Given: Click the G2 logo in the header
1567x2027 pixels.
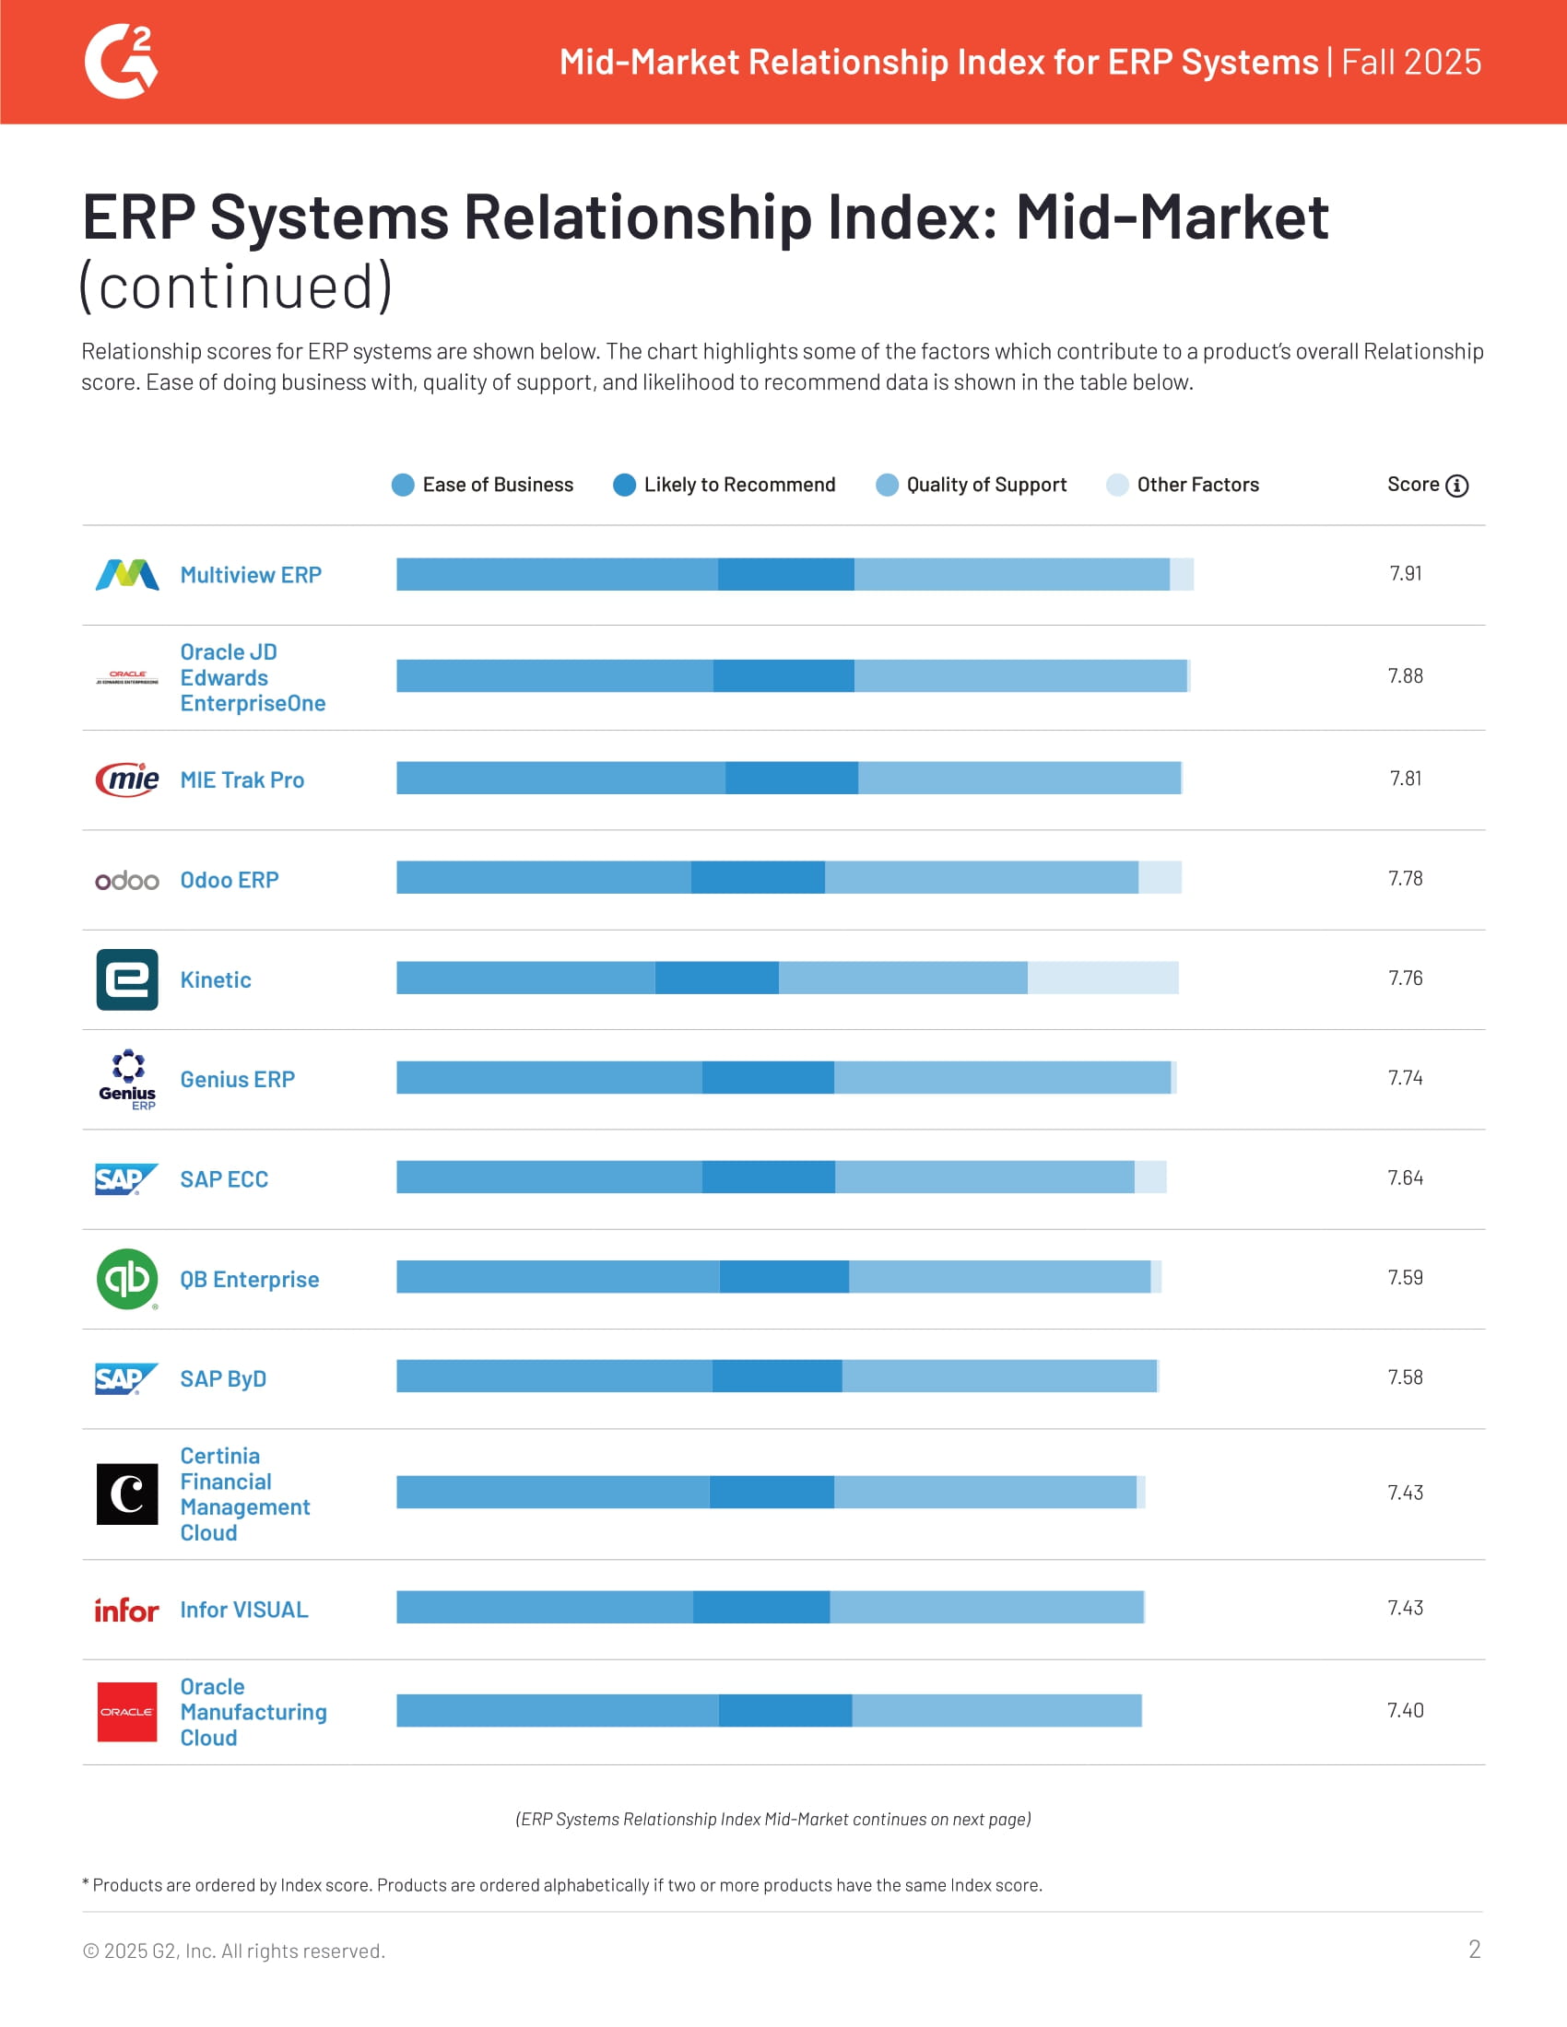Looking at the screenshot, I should point(122,61).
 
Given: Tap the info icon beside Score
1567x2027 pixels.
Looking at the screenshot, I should point(1456,486).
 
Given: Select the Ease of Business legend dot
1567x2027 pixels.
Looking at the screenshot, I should point(403,485).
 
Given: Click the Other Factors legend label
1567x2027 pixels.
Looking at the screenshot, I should point(1197,485).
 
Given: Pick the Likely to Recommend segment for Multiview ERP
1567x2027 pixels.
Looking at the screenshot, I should point(785,575).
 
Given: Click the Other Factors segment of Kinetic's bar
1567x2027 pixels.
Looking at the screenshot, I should point(1102,978).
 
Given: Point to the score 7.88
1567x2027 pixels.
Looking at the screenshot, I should point(1405,676).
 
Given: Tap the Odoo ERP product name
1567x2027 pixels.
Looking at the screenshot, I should point(230,880).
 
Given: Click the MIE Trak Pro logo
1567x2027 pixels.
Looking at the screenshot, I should point(127,779).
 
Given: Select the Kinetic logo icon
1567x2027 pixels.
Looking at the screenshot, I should point(127,979).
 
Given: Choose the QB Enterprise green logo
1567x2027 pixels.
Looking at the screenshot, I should point(127,1279).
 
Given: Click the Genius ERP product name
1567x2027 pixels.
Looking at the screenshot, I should point(238,1080).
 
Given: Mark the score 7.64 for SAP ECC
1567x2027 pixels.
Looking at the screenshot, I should point(1405,1178).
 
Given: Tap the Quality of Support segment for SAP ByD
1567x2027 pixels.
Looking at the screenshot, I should point(999,1377).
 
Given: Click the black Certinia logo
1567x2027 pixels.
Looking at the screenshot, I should point(127,1494).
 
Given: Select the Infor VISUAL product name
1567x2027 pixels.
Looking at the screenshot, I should point(244,1610).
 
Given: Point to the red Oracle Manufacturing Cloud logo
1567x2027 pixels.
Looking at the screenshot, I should point(127,1712).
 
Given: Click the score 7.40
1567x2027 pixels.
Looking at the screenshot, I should point(1405,1711).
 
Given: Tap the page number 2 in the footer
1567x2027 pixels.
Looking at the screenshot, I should point(1474,1949).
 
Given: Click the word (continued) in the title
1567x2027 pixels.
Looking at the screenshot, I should point(237,286).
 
